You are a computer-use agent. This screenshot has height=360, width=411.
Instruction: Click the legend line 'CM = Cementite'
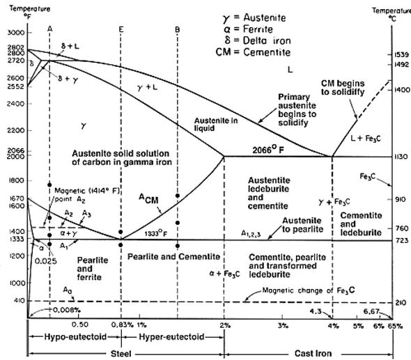(254, 52)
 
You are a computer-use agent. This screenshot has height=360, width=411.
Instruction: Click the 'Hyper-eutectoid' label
(172, 336)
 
